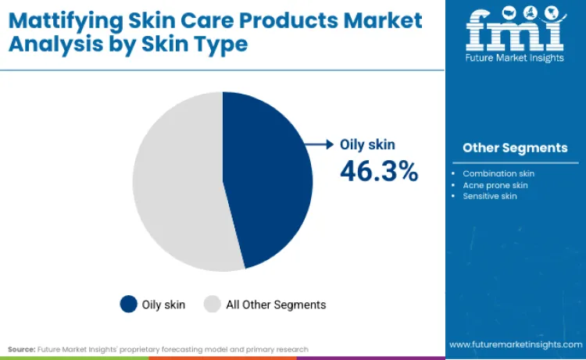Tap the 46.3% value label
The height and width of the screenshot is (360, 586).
click(379, 171)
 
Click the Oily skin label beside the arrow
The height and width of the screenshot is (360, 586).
click(367, 144)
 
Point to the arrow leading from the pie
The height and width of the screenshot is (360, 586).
click(318, 144)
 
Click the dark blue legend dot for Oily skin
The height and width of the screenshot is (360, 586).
click(128, 304)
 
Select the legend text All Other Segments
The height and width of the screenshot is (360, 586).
click(276, 305)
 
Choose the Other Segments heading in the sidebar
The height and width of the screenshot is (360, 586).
click(515, 148)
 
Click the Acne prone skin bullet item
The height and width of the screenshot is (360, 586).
click(495, 185)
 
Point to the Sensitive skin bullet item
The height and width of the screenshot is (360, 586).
click(490, 196)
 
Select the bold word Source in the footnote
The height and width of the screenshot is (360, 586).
click(22, 348)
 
